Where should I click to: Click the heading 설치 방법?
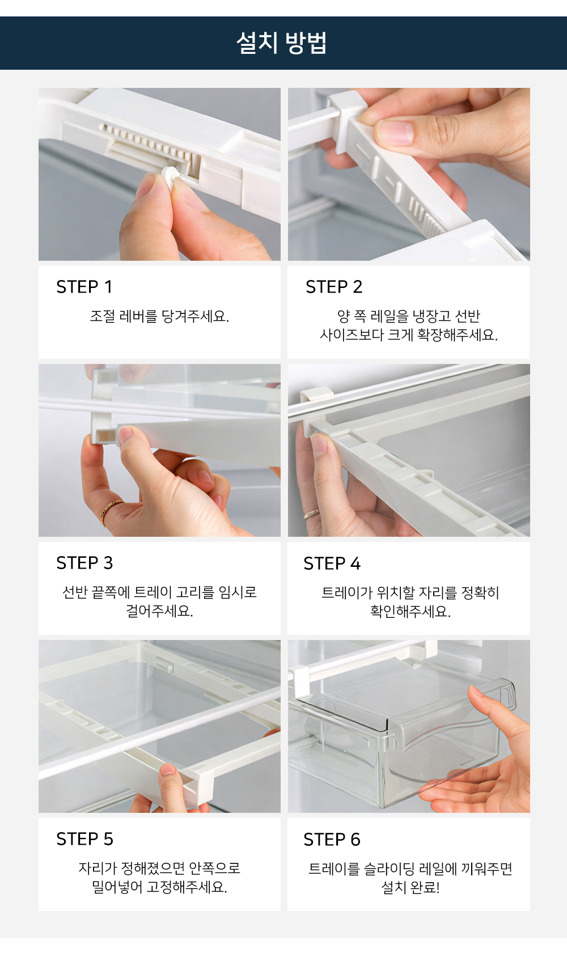point(282,43)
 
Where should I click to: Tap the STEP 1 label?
point(84,287)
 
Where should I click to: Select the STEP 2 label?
point(334,287)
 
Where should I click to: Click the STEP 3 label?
point(84,563)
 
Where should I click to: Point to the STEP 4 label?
point(332,563)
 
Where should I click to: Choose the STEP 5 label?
point(84,839)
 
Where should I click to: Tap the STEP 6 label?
point(332,840)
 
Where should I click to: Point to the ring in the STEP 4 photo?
point(311,513)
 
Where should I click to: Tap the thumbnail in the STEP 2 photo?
point(395,132)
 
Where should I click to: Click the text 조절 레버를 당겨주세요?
point(159,316)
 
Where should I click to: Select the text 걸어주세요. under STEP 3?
point(159,611)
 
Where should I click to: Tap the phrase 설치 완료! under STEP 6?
point(411,888)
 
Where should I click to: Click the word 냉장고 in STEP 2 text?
point(431,316)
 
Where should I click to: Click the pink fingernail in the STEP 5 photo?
point(167,770)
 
